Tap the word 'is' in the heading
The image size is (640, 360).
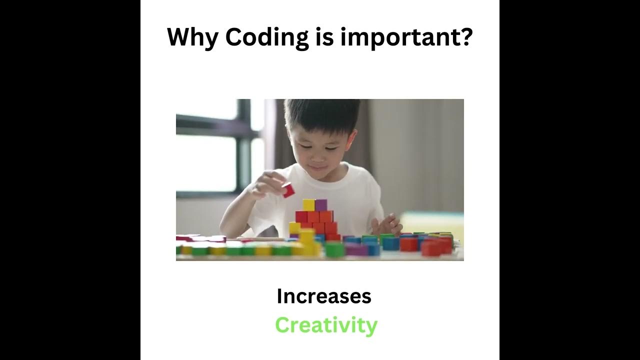click(324, 37)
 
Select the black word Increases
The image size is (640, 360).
click(324, 296)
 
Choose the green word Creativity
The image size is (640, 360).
click(326, 325)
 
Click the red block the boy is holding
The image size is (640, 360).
click(288, 190)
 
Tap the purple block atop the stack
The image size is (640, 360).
click(321, 205)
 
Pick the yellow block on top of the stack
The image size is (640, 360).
click(308, 205)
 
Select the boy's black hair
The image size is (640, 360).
click(320, 114)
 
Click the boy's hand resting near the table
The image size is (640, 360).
click(387, 224)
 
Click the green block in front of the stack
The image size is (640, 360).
click(334, 249)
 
